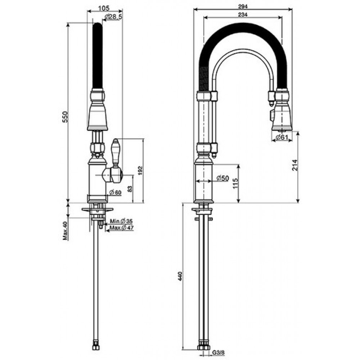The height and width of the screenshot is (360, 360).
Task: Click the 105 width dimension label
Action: [104, 8]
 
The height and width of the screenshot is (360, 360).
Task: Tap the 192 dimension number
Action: [140, 170]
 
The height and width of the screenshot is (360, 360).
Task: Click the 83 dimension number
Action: [130, 189]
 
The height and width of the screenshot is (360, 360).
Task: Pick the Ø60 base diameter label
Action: [115, 192]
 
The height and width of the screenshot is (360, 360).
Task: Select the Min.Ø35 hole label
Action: [121, 221]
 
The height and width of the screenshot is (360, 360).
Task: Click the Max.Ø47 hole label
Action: [121, 228]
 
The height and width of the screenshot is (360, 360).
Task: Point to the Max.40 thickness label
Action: [66, 231]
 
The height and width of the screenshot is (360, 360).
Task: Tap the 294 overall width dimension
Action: [243, 7]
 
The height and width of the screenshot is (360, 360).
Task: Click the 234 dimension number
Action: [243, 15]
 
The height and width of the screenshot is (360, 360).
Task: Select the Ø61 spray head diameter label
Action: [282, 137]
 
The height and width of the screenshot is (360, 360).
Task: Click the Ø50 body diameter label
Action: [223, 178]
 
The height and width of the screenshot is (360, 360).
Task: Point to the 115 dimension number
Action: [235, 183]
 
